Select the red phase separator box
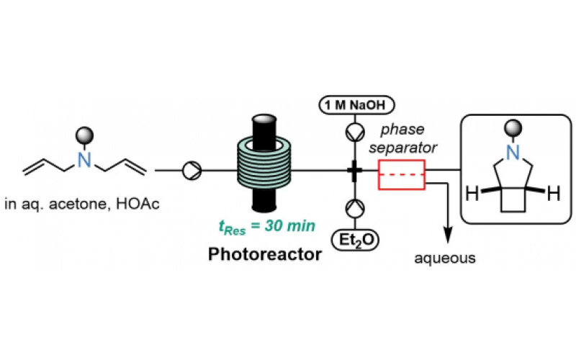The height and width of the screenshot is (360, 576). click(401, 175)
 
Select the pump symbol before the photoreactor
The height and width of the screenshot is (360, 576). click(194, 171)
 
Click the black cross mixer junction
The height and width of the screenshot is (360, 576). click(354, 171)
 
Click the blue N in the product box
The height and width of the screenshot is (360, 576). click(511, 150)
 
